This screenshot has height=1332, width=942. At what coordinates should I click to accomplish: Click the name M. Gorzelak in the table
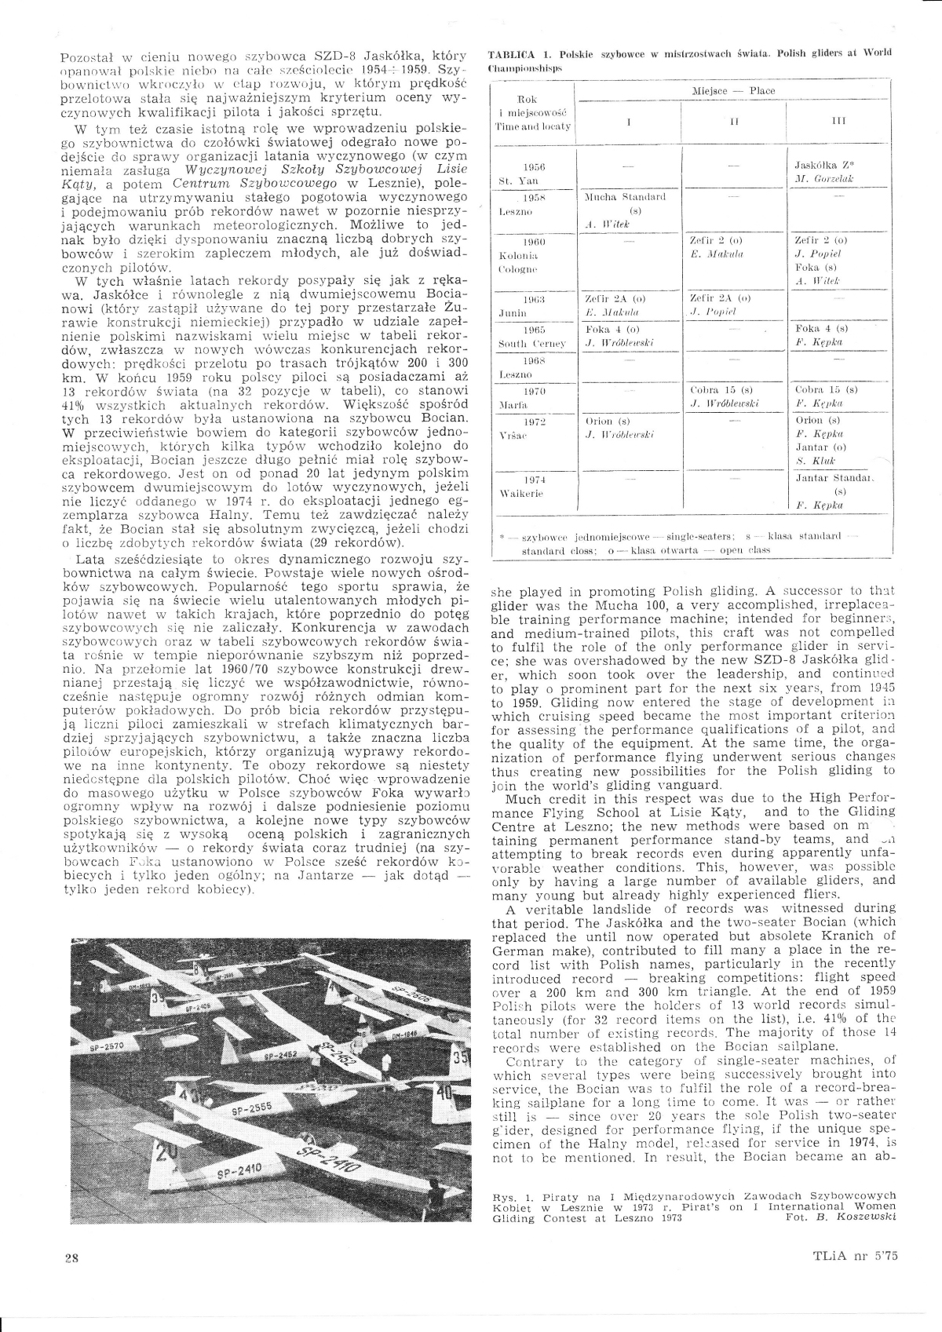(823, 179)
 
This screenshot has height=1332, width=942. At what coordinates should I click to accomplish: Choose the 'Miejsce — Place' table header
(733, 91)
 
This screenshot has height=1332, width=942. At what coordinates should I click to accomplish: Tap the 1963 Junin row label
(534, 305)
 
